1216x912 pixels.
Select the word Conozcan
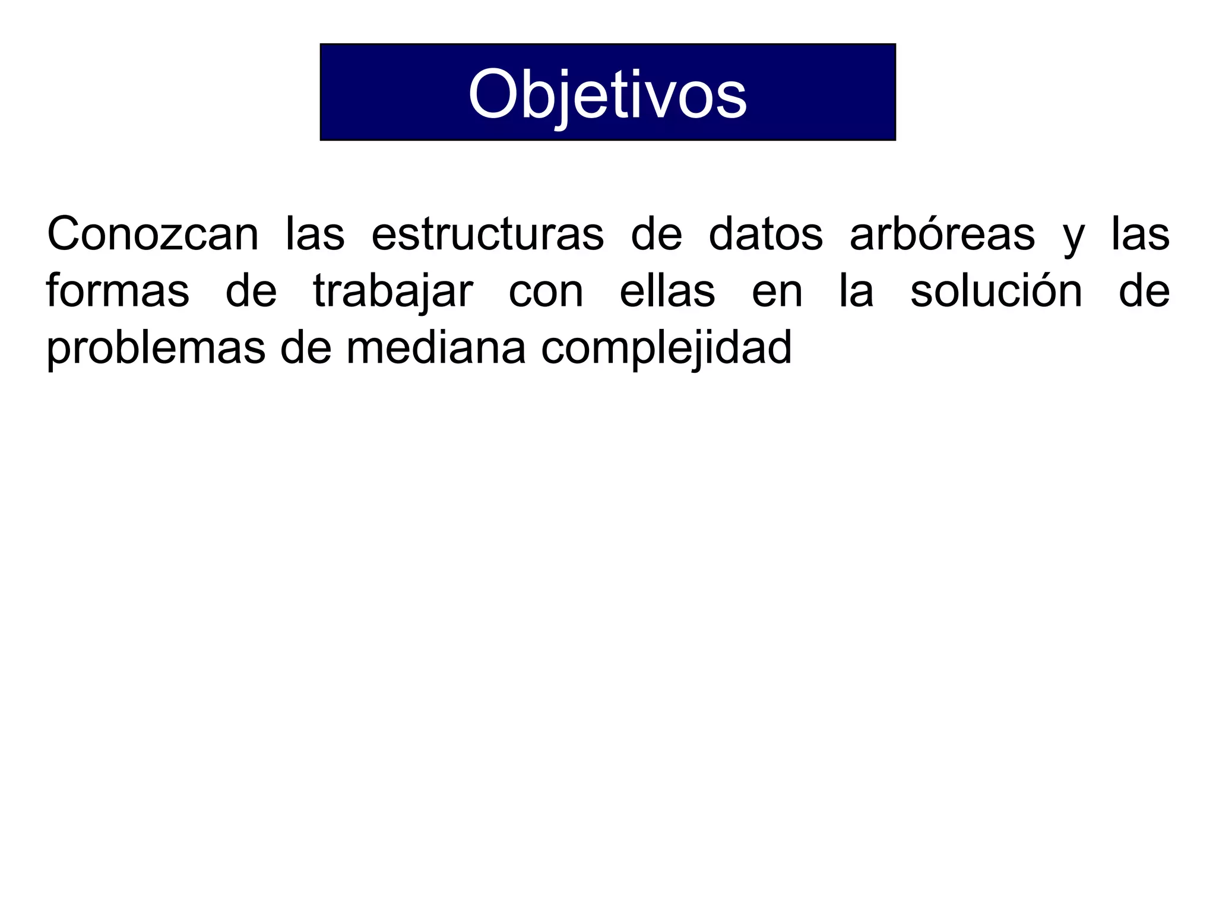(x=153, y=235)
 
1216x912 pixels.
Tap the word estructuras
(x=487, y=235)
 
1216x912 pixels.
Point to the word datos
(x=766, y=235)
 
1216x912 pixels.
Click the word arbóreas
(x=942, y=235)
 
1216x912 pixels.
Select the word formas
(x=118, y=291)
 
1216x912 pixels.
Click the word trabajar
(x=393, y=292)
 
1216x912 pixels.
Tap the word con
(x=546, y=292)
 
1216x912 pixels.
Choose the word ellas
(x=667, y=291)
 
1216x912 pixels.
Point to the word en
(x=777, y=292)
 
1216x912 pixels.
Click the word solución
(x=996, y=291)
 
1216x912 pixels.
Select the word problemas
(x=156, y=349)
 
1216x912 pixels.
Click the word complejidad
(x=666, y=349)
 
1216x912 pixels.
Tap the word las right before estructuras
(x=315, y=235)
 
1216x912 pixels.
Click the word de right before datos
(x=656, y=235)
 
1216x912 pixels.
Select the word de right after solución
(x=1144, y=291)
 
